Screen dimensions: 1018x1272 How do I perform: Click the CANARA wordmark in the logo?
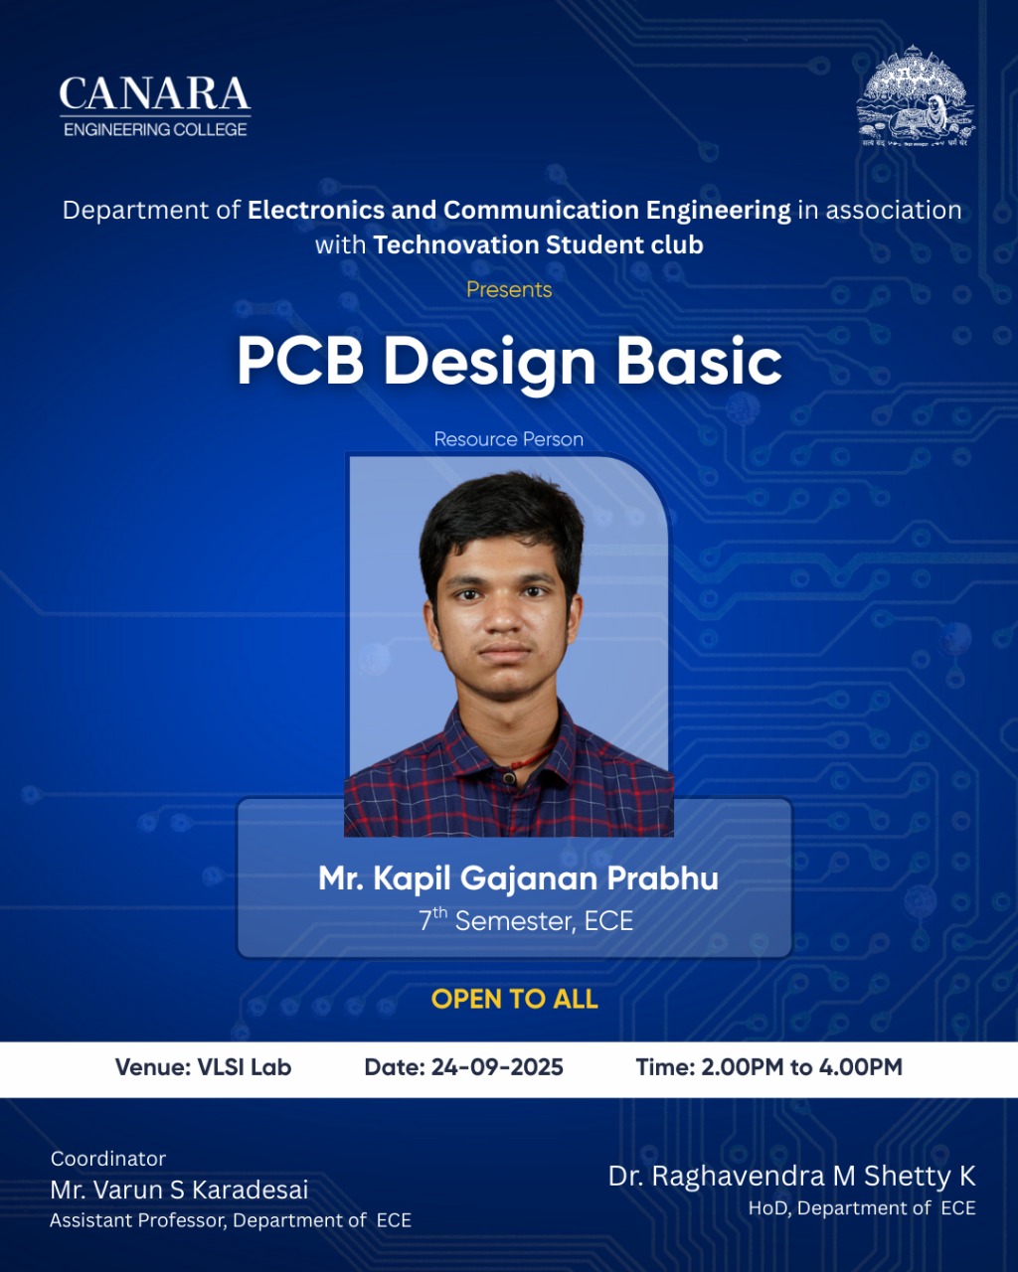tap(155, 93)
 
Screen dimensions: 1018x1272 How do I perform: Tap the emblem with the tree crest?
tap(916, 95)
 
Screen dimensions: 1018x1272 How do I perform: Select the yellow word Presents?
tap(509, 289)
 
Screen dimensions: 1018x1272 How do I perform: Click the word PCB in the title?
tap(300, 361)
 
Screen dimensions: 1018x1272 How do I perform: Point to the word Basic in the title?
tap(699, 361)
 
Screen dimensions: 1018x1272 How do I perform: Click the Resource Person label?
tap(509, 439)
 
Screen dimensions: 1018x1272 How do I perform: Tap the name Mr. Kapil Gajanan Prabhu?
tap(518, 878)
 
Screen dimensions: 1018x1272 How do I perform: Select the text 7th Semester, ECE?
tap(526, 921)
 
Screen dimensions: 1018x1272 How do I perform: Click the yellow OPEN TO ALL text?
tap(515, 1000)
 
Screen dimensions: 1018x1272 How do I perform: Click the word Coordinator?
tap(108, 1159)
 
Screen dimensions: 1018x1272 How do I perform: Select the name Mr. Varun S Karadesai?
tap(179, 1190)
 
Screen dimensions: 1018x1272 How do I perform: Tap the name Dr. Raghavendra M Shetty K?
tap(792, 1176)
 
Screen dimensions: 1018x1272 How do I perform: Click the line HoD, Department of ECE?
tap(862, 1207)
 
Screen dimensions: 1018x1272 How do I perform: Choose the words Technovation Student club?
tap(538, 244)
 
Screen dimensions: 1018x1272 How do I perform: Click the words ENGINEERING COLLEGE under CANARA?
tap(155, 129)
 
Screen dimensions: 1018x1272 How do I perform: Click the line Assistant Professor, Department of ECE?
tap(231, 1220)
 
